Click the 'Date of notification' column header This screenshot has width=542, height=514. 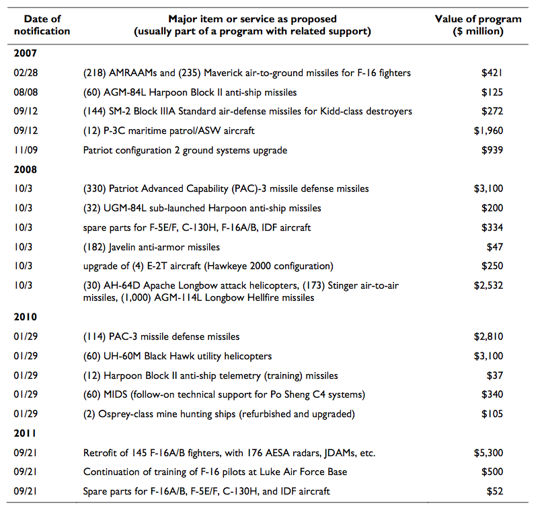(x=42, y=25)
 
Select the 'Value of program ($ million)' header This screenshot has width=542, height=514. (x=478, y=25)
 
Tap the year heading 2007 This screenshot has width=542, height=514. (x=26, y=53)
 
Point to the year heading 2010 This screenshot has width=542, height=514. (x=26, y=317)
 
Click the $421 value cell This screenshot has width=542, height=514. (x=492, y=73)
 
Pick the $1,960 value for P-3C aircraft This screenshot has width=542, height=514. (x=488, y=131)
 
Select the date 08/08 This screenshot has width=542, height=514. (x=26, y=92)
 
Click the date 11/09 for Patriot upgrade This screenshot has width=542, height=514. (x=26, y=150)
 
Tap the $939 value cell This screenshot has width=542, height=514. (x=492, y=150)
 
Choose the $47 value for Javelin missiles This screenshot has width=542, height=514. (x=495, y=247)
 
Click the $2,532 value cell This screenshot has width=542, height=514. (x=488, y=285)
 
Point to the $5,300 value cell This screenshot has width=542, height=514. (x=488, y=453)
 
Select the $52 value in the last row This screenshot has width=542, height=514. (x=495, y=491)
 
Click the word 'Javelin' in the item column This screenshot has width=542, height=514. (x=122, y=248)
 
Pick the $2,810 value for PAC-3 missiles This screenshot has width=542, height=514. (x=488, y=336)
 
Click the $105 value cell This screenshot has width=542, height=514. (x=492, y=414)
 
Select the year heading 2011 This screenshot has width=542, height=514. (x=25, y=433)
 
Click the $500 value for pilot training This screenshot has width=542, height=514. (x=492, y=472)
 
